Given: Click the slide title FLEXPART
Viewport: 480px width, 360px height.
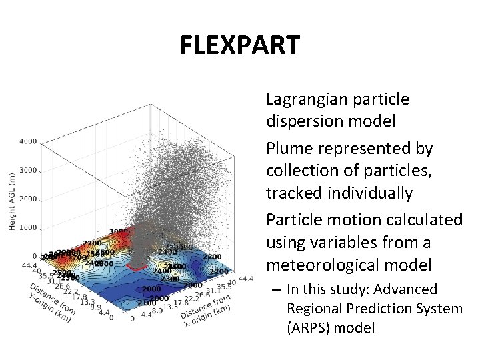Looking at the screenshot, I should coord(240,45).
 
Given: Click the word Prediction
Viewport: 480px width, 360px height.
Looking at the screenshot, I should coord(372,309).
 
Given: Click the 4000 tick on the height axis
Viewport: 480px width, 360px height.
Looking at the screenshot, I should coord(28,141).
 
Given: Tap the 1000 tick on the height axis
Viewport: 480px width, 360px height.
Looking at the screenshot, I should coord(28,228).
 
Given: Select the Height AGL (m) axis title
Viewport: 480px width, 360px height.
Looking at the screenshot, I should coord(12,200).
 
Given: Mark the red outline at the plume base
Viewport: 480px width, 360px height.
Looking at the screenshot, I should coord(137,267).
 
